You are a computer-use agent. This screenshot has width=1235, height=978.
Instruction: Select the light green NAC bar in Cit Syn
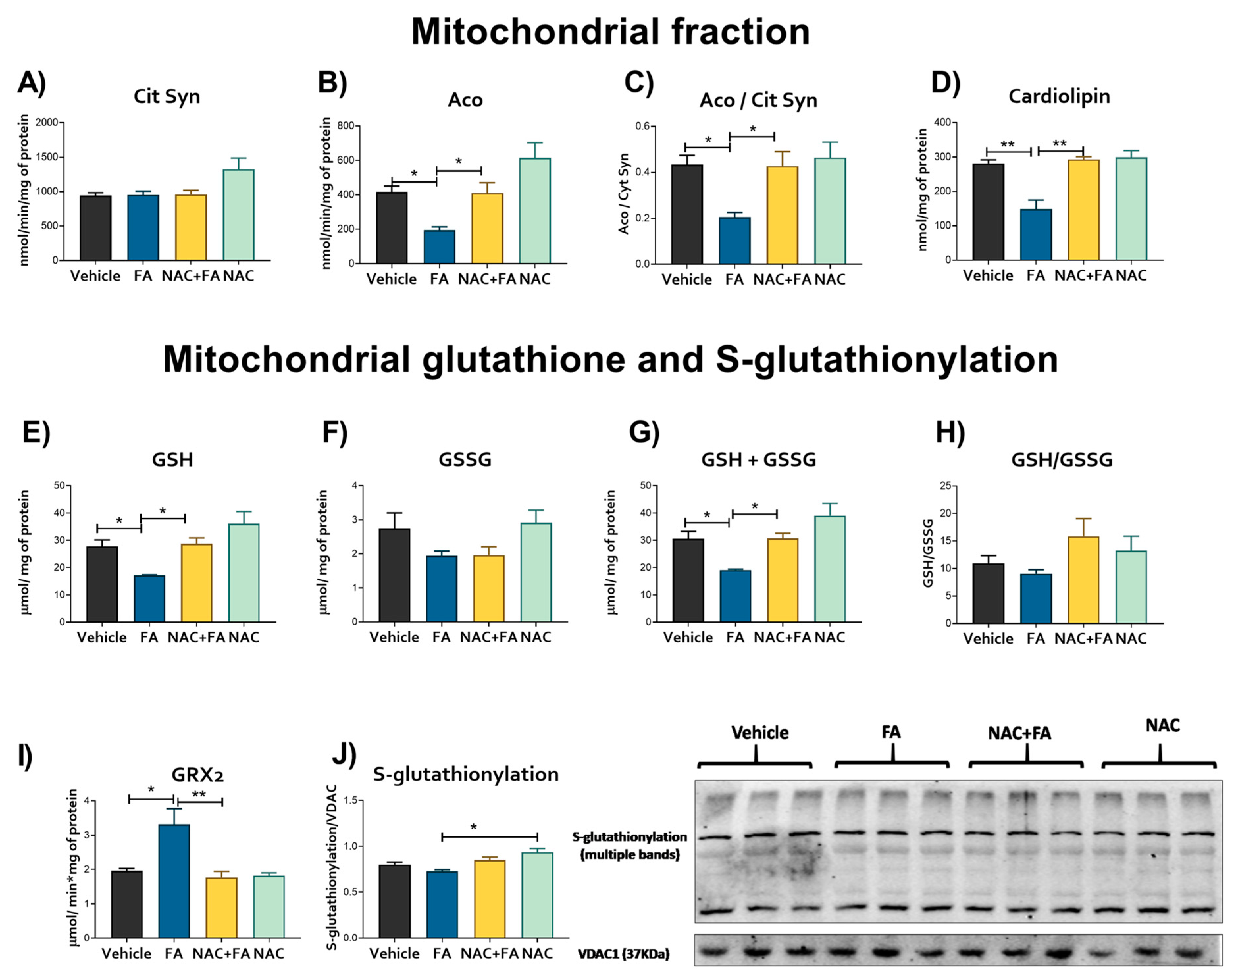238,215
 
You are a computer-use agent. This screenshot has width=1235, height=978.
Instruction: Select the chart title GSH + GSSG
758,459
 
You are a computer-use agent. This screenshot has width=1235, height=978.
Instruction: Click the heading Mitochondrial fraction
610,32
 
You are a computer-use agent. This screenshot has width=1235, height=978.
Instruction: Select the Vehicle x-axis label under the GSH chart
102,637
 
